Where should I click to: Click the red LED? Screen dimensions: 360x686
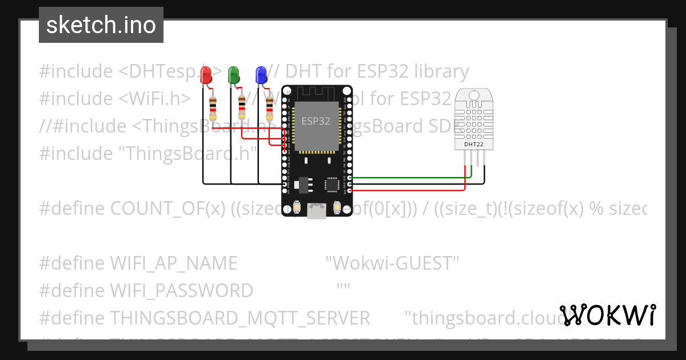pyautogui.click(x=206, y=75)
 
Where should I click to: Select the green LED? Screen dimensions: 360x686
pyautogui.click(x=233, y=75)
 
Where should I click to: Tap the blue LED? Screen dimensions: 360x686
pyautogui.click(x=261, y=75)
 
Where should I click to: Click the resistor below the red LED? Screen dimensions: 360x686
pyautogui.click(x=213, y=108)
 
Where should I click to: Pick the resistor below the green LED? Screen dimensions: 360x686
pyautogui.click(x=242, y=108)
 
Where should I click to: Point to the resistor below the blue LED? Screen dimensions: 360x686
pyautogui.click(x=269, y=108)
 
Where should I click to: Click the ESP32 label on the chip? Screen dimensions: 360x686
pyautogui.click(x=316, y=121)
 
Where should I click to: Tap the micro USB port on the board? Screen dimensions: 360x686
pyautogui.click(x=316, y=211)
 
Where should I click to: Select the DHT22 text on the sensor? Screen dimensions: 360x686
pyautogui.click(x=472, y=145)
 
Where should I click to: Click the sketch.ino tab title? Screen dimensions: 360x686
pyautogui.click(x=101, y=25)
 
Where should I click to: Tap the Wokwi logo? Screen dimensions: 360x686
pyautogui.click(x=608, y=315)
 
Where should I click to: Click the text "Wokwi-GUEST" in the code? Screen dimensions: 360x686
pyautogui.click(x=392, y=263)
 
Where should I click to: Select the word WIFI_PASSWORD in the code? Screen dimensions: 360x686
pyautogui.click(x=181, y=291)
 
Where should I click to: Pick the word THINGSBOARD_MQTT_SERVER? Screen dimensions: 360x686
pyautogui.click(x=240, y=318)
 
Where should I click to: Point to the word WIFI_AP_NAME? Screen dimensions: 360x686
pyautogui.click(x=173, y=263)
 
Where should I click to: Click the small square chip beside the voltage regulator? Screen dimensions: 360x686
pyautogui.click(x=332, y=184)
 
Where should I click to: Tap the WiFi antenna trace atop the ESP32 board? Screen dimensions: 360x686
pyautogui.click(x=316, y=93)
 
